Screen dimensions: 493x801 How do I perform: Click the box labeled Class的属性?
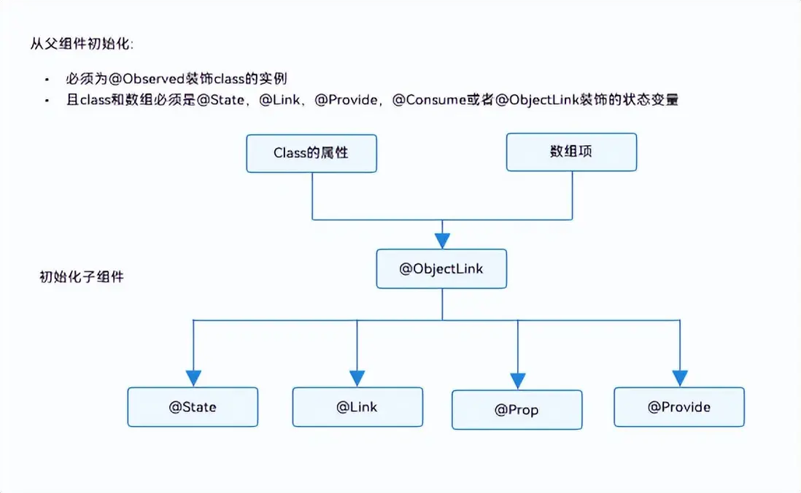click(x=311, y=153)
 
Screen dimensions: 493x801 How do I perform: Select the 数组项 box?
click(x=571, y=152)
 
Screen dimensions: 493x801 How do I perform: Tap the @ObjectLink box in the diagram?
click(x=441, y=268)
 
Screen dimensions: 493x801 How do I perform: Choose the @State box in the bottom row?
click(x=193, y=406)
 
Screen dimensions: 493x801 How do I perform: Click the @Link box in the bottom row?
click(x=357, y=406)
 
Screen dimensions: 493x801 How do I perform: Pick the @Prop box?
click(x=516, y=409)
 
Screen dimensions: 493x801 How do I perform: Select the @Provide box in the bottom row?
click(x=678, y=406)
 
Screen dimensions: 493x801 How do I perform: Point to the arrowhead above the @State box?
click(x=193, y=378)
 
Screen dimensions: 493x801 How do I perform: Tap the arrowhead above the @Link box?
click(x=357, y=378)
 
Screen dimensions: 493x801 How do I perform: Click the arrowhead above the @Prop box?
click(x=517, y=381)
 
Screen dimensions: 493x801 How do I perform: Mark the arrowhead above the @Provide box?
click(x=679, y=378)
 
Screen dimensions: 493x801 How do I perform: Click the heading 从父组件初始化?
click(x=80, y=43)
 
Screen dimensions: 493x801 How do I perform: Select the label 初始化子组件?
click(x=81, y=277)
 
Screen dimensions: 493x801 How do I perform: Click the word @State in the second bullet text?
click(x=222, y=101)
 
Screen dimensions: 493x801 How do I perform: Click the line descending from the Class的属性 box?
click(x=312, y=195)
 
